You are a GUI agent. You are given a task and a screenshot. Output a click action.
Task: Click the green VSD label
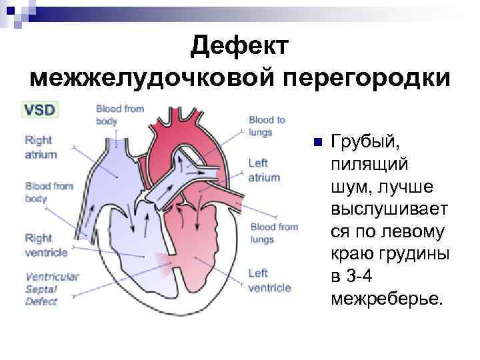[42, 109]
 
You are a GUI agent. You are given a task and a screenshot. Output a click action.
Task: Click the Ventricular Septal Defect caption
[52, 289]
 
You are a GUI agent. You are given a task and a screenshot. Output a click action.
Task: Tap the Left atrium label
[263, 170]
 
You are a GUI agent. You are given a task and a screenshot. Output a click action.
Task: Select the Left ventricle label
[269, 281]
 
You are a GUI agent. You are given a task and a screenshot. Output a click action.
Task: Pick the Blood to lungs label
[267, 125]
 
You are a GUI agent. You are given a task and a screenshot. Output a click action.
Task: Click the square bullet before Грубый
[317, 143]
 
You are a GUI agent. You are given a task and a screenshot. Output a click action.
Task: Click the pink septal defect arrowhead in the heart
[160, 260]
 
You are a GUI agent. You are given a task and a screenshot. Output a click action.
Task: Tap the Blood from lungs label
[273, 233]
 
